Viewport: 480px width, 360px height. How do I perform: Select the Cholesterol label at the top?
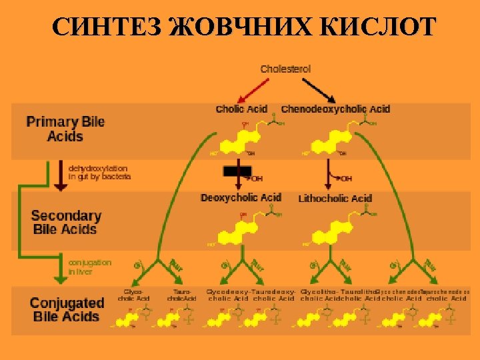(x=285, y=69)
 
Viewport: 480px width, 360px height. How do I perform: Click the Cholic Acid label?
(x=241, y=109)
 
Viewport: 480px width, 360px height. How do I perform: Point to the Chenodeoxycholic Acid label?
(x=335, y=109)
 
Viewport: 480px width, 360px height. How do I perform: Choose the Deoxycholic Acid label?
(x=241, y=198)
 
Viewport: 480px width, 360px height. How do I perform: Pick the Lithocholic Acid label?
(x=335, y=198)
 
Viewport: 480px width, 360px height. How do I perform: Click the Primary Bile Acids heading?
(x=65, y=129)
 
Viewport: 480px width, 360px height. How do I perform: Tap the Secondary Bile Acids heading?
(x=65, y=223)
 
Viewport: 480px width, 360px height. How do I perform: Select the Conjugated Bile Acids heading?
(x=67, y=309)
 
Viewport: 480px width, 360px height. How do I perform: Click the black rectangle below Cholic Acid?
(x=237, y=171)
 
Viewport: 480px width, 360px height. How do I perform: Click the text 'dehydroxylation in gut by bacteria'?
(x=99, y=173)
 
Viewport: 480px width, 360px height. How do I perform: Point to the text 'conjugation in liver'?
(x=89, y=267)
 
